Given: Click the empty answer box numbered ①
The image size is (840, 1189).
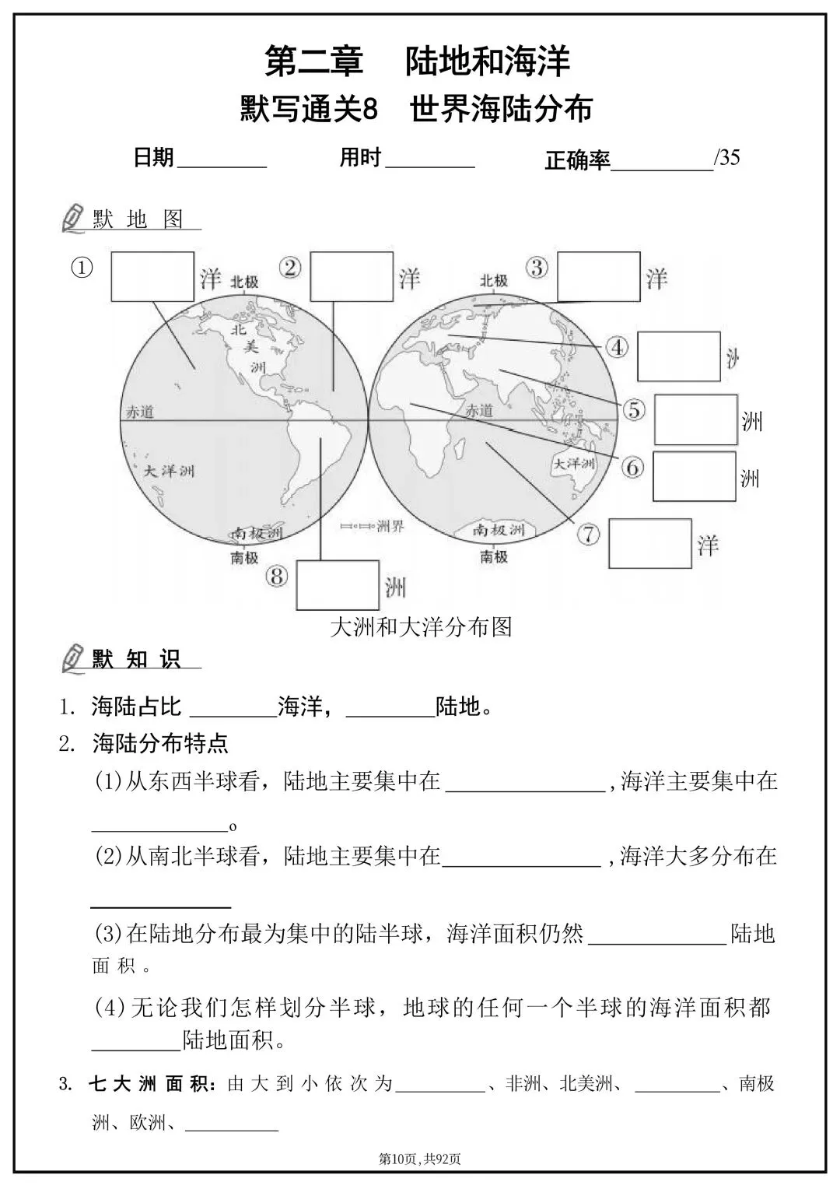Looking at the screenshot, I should pos(152,276).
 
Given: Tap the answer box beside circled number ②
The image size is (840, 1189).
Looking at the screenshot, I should pos(351,276).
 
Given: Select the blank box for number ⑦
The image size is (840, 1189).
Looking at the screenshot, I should pos(650,543).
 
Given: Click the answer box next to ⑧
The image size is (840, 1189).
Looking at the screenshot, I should pos(338,584).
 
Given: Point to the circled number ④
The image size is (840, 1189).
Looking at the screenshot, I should pos(618,347).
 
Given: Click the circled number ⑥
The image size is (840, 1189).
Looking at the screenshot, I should pos(632,467).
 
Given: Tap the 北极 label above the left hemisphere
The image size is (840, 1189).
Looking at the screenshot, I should pos(244,282).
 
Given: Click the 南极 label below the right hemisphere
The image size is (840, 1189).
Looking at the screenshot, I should pos(494,556).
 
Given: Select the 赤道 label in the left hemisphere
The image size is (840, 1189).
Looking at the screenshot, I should pos(141,413).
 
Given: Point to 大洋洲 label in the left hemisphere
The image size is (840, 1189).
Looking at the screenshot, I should pos(170,471).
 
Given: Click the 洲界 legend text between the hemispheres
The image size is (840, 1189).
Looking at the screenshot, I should pos(390,527).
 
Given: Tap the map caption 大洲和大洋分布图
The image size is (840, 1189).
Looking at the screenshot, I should pos(421,626).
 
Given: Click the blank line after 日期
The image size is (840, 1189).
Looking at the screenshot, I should pos(222,161).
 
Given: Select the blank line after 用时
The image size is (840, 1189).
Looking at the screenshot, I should pos(430,161).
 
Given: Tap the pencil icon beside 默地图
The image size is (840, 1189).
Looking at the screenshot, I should pos(72,219).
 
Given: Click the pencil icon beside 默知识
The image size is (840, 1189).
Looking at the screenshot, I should pos(72,658).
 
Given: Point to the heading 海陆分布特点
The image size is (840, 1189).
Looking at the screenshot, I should pos(160,744).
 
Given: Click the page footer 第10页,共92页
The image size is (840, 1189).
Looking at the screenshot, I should pos(420,1159).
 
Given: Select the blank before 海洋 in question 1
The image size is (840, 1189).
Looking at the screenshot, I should pos(233,708).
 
